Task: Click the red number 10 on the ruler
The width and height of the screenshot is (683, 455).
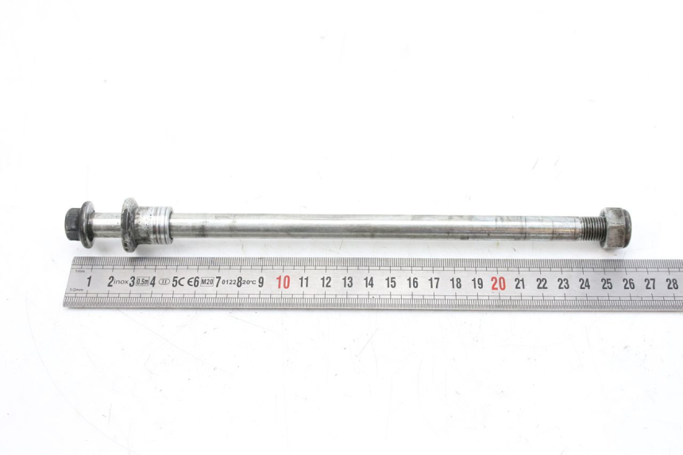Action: click(x=283, y=282)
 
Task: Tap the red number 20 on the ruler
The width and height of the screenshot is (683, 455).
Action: click(x=498, y=283)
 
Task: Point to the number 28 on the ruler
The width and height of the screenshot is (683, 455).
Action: click(x=672, y=283)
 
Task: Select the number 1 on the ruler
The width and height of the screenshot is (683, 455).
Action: click(x=88, y=280)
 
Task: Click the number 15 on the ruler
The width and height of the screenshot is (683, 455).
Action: click(x=391, y=282)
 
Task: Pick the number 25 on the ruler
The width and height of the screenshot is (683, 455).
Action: click(x=607, y=283)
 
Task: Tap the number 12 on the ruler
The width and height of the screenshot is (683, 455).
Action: click(x=326, y=282)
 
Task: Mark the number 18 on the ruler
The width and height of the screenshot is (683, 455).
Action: click(x=456, y=283)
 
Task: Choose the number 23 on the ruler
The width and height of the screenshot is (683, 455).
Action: click(x=563, y=283)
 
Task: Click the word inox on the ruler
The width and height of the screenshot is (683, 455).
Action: click(x=122, y=282)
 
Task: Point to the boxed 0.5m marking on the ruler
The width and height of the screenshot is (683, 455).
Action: click(x=143, y=282)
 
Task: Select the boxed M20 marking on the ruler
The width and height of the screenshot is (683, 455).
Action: click(x=206, y=282)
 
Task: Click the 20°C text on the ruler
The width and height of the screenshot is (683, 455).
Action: click(x=249, y=282)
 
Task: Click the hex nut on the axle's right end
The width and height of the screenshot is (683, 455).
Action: click(x=615, y=228)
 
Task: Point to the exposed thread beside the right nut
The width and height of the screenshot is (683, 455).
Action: click(x=591, y=229)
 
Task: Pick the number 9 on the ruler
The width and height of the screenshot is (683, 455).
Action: click(x=261, y=282)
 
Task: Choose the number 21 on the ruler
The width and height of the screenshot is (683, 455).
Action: click(x=519, y=283)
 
